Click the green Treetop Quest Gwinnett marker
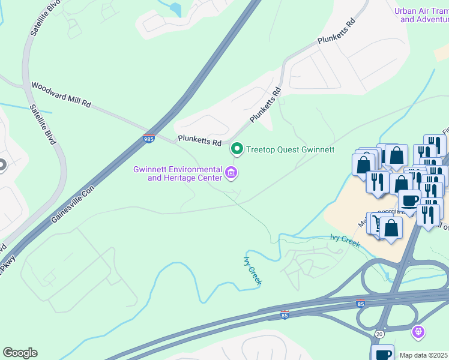point(237,149)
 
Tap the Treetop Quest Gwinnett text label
point(290,149)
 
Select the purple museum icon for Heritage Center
point(231,173)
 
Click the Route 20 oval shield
point(379,334)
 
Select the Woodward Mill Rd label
point(61,95)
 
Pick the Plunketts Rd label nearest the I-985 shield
point(199,142)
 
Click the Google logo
point(20,353)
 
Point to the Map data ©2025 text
point(424,355)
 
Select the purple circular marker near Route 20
point(418,331)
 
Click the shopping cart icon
point(376,224)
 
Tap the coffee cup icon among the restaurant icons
point(409,200)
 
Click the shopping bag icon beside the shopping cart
point(391,228)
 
